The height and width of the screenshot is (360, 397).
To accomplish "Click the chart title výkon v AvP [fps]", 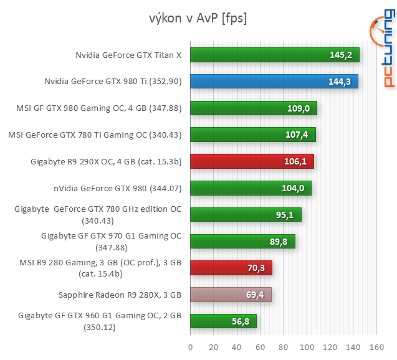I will (x=198, y=18).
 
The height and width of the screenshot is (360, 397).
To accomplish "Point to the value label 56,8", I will (x=239, y=321).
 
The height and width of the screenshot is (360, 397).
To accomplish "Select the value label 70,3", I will (x=256, y=268).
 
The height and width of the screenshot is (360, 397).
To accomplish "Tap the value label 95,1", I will (x=285, y=215).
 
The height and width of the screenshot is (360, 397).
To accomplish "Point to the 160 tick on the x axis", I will (x=376, y=346).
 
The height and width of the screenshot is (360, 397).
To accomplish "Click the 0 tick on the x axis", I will (x=190, y=346).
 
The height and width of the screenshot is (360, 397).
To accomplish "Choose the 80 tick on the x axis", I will (x=283, y=346).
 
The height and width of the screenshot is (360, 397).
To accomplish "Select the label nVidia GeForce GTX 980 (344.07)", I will (x=117, y=187).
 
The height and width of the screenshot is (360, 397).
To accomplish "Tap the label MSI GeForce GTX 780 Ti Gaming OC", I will (x=94, y=134).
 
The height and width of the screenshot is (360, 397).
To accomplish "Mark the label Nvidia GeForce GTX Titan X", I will (x=128, y=55).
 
